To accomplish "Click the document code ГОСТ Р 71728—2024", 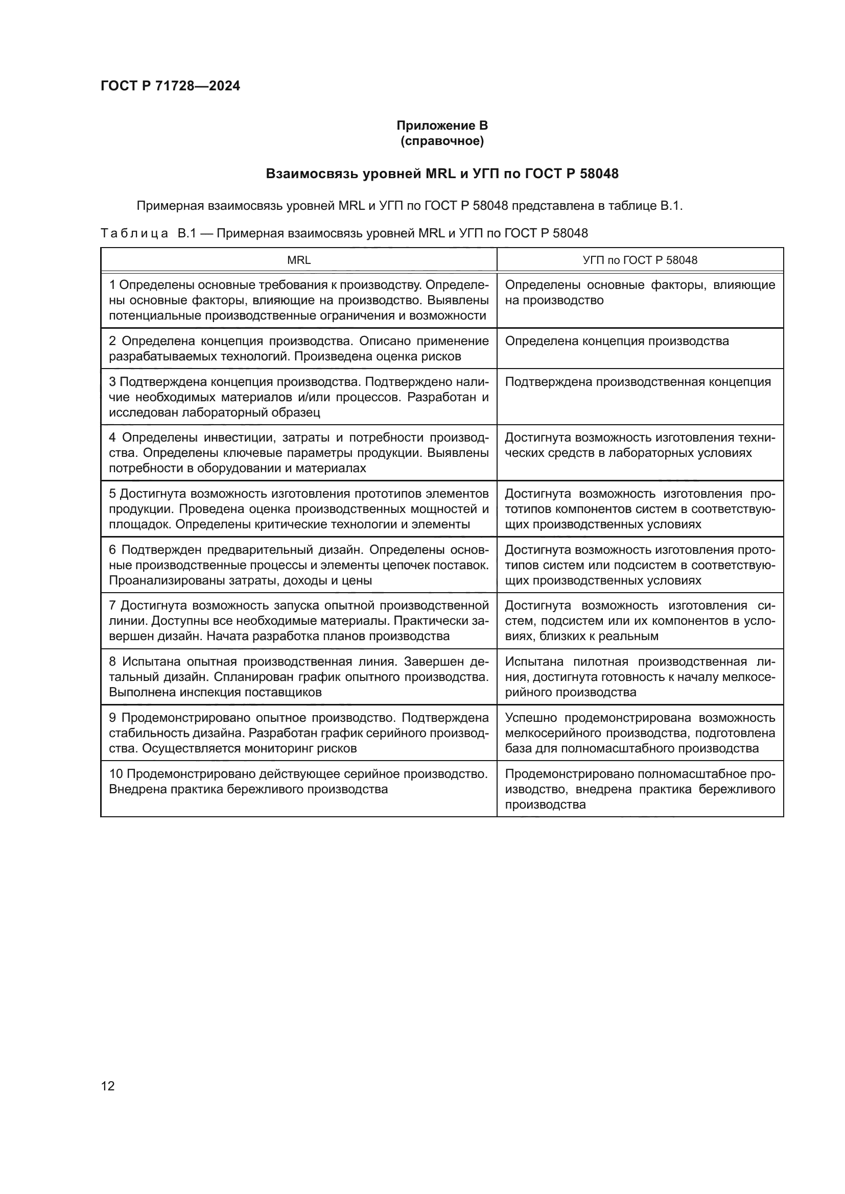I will pyautogui.click(x=170, y=86).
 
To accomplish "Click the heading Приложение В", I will pyautogui.click(x=442, y=126).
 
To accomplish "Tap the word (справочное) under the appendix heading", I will pyautogui.click(x=442, y=141).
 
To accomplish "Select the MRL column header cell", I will pyautogui.click(x=299, y=260).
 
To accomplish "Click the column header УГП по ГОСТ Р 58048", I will pyautogui.click(x=640, y=260).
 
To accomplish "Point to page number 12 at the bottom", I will pyautogui.click(x=108, y=1086).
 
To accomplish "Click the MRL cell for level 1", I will pyautogui.click(x=299, y=300).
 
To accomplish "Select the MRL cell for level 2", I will pyautogui.click(x=299, y=349).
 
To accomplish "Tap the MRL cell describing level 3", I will pyautogui.click(x=299, y=397).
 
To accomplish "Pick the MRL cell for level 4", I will pyautogui.click(x=299, y=452).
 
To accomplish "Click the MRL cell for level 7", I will pyautogui.click(x=299, y=620).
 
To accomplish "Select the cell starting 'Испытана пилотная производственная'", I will pyautogui.click(x=640, y=676).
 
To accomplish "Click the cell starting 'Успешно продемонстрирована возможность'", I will pyautogui.click(x=640, y=733).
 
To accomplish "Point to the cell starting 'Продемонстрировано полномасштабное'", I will pyautogui.click(x=640, y=788).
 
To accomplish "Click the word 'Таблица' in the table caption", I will pyautogui.click(x=134, y=233).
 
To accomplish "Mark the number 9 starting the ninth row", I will pyautogui.click(x=112, y=718).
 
